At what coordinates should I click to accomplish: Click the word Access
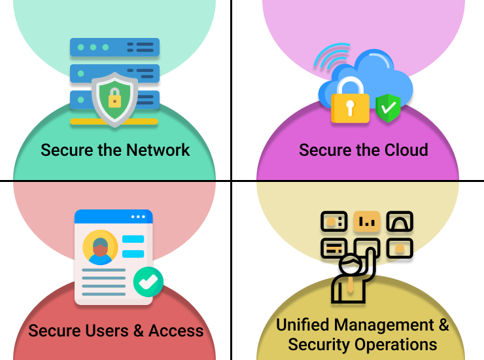click(176, 331)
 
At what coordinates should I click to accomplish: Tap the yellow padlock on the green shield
click(115, 99)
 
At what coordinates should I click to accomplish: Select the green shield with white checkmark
click(388, 108)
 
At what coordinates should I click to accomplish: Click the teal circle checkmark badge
click(148, 281)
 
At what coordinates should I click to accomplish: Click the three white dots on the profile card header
click(138, 217)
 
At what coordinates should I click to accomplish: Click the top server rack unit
click(114, 48)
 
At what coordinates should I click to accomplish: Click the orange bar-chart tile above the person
click(366, 222)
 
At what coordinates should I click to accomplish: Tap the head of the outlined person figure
click(350, 265)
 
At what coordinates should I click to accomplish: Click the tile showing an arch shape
click(399, 222)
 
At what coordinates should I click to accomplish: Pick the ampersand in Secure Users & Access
click(139, 331)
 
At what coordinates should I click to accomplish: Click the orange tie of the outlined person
click(351, 286)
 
